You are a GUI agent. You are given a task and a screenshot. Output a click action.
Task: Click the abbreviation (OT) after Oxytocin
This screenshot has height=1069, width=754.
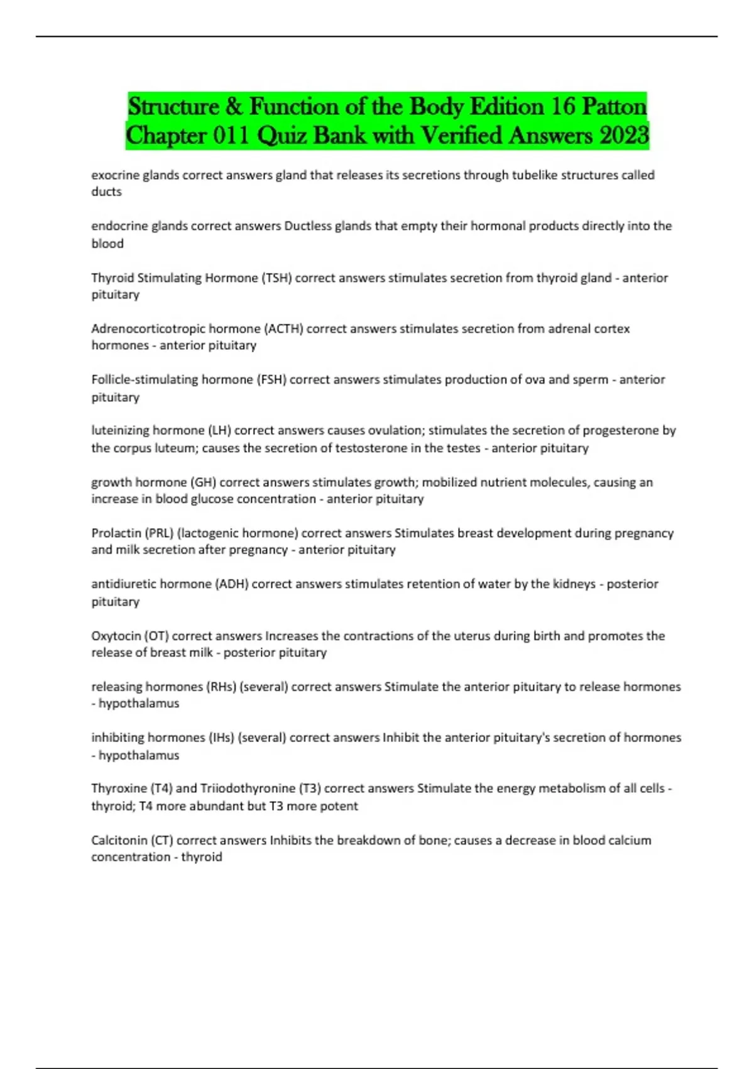click(x=156, y=636)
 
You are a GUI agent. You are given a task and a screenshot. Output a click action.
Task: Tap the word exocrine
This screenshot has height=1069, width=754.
click(x=115, y=175)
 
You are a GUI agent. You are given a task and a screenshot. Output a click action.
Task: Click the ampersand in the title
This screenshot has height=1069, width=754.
click(x=234, y=106)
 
